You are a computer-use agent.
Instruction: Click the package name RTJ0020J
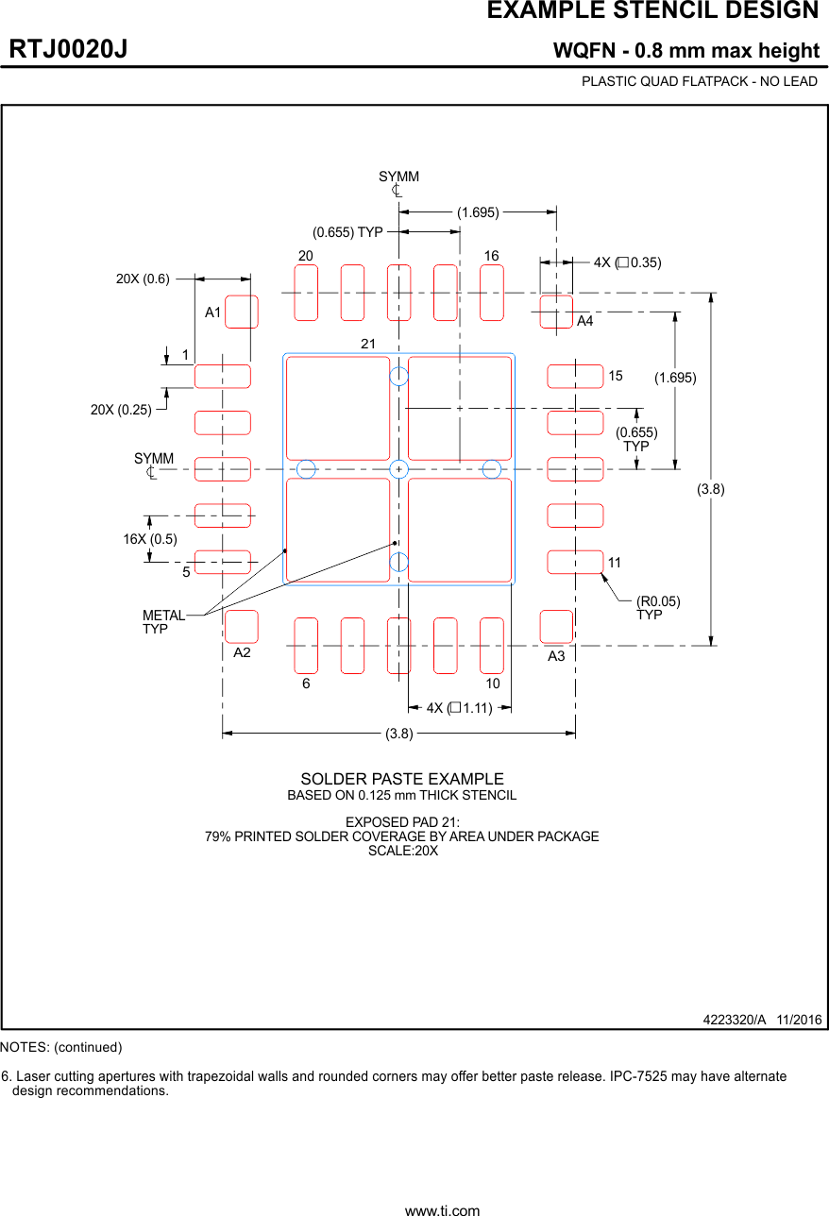[69, 49]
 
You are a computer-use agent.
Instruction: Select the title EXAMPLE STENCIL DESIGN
[652, 11]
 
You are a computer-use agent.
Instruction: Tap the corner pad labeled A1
[242, 312]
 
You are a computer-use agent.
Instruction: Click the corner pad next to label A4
[556, 312]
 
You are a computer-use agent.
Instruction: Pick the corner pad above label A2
[242, 626]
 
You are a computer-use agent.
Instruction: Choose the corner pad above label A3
[556, 626]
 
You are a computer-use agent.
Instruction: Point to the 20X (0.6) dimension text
[143, 279]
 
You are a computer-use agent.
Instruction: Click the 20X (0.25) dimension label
[121, 410]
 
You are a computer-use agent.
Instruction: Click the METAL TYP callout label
[163, 622]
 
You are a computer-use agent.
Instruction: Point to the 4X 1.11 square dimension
[459, 707]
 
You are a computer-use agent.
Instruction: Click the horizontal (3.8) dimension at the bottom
[399, 734]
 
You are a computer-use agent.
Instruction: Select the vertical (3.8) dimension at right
[711, 489]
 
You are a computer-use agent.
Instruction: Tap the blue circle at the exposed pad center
[399, 469]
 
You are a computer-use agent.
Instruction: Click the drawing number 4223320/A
[735, 1020]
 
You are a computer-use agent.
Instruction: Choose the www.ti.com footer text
[442, 1209]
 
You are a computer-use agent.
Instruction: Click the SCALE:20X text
[402, 850]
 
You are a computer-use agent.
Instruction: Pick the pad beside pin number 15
[575, 376]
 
